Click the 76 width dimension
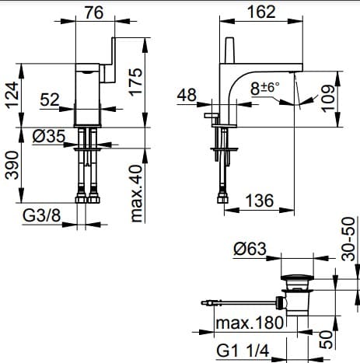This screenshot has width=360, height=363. pos(94,12)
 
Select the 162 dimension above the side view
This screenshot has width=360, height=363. pos(261,12)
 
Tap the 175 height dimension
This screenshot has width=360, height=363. pos(136,82)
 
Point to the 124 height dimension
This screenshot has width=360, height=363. pos(12,95)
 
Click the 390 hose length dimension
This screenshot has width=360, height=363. pos(12,166)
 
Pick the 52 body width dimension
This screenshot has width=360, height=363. pos(50,99)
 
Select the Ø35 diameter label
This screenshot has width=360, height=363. pos(49,137)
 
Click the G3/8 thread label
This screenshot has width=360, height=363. pos(42,215)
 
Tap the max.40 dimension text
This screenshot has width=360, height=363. pos(136,194)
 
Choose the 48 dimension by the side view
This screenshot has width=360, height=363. pos(187,95)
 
